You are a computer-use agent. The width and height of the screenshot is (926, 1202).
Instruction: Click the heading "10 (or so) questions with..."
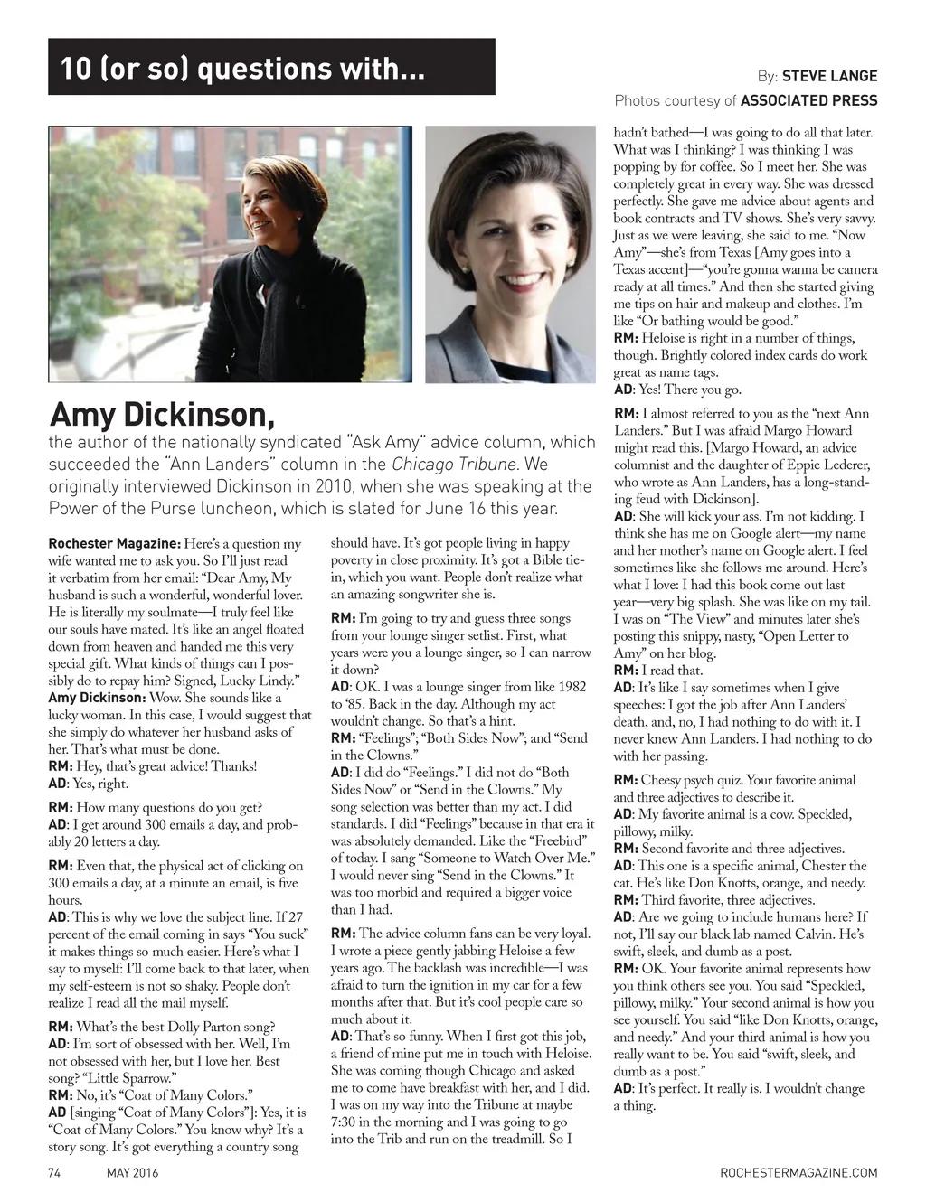click(x=242, y=68)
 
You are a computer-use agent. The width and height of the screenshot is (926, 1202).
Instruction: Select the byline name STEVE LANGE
click(x=829, y=77)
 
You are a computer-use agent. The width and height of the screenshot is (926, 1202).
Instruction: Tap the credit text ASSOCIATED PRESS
click(x=811, y=100)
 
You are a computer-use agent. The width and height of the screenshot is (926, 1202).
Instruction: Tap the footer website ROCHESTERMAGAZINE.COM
click(x=798, y=1173)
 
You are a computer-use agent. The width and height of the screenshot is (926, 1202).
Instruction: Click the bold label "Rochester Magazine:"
click(x=113, y=544)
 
